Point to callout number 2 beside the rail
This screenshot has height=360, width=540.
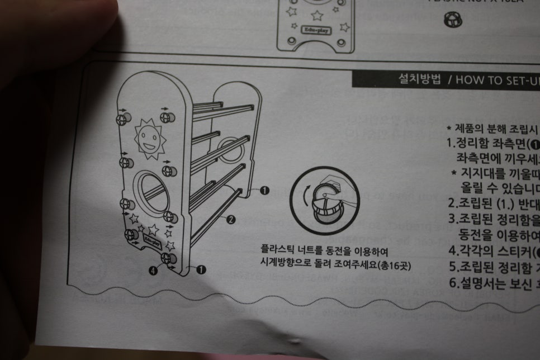230,220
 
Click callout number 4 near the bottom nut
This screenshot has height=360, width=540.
153,271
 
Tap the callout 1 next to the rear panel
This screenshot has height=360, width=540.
265,191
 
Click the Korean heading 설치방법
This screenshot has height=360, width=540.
419,79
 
